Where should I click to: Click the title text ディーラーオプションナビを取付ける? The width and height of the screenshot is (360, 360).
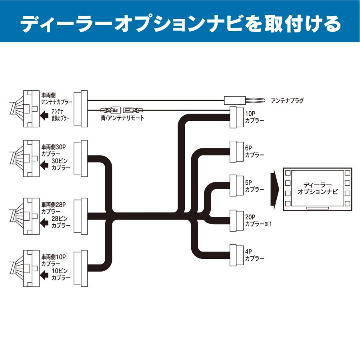point(180,24)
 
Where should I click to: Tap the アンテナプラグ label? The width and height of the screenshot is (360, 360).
point(287,100)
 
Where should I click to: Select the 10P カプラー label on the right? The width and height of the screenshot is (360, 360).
point(254,116)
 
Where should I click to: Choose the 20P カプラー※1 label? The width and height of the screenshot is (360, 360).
point(258,220)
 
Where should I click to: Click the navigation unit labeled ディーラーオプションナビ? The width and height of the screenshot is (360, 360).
point(318,189)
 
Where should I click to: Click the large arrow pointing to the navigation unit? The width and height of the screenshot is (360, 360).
point(274,189)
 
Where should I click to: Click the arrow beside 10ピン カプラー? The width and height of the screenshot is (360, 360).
point(45,274)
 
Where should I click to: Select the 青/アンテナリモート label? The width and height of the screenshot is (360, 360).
point(122,118)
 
